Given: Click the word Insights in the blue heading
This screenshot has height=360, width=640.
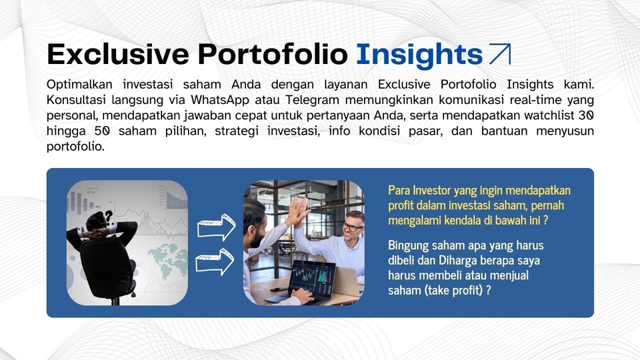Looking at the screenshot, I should click(419, 55).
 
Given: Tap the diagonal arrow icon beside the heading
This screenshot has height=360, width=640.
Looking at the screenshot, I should click(499, 55).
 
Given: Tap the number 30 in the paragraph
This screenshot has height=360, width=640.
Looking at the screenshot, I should click(585, 115).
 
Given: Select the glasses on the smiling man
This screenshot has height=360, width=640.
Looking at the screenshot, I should click(352, 227).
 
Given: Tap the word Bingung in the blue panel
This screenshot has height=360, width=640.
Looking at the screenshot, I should click(408, 245).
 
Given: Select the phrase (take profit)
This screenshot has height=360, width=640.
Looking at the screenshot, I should click(453, 290).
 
